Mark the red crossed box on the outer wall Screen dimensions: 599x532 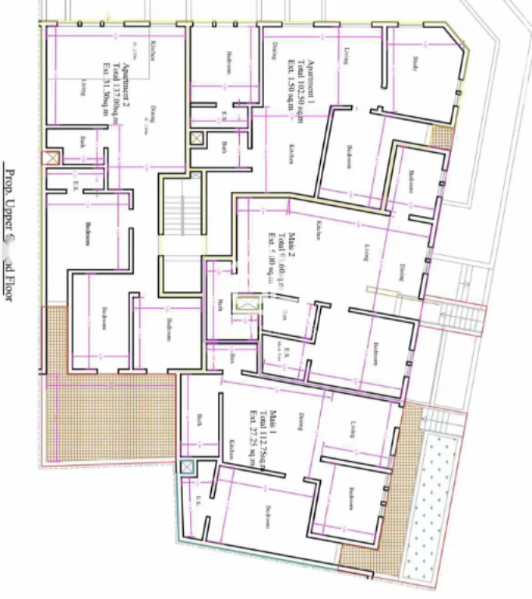pyautogui.click(x=51, y=158)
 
